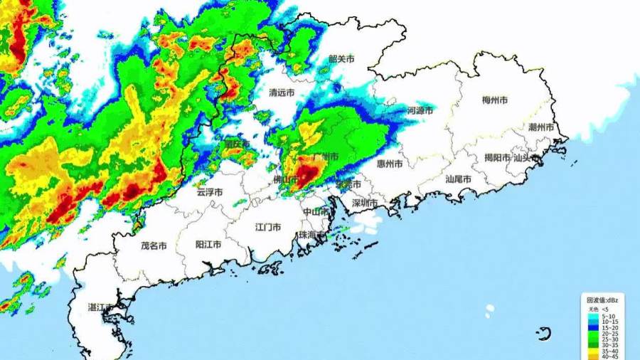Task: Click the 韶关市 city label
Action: tap(341, 60)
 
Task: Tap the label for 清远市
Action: tap(282, 92)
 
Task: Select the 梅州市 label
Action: tap(495, 100)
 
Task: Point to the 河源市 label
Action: tap(420, 111)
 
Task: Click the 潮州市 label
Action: tap(542, 127)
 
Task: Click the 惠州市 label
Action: tap(390, 164)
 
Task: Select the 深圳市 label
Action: tap(365, 203)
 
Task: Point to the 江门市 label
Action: tap(268, 227)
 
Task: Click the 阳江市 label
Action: tap(208, 244)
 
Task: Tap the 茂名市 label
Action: tap(154, 245)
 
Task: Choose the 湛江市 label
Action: tap(100, 307)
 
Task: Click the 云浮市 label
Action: tap(210, 191)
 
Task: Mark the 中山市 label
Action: tap(316, 212)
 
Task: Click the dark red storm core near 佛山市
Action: tap(308, 175)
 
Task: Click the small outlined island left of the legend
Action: tap(545, 334)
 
